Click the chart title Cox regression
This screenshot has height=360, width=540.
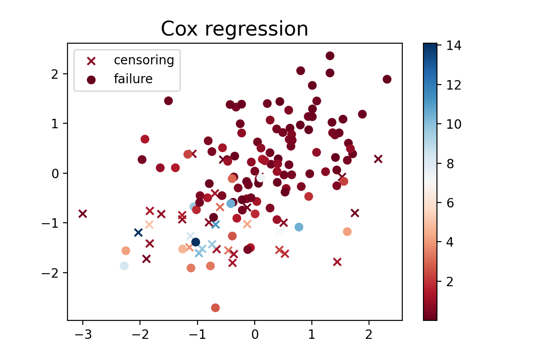click(234, 30)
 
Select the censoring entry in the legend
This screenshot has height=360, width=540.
click(144, 60)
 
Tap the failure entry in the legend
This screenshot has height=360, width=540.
click(133, 79)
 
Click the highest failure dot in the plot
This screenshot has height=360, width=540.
click(330, 56)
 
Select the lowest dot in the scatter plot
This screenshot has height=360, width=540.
click(216, 308)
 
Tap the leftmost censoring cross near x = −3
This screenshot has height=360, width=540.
click(82, 214)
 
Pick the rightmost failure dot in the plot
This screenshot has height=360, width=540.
click(387, 79)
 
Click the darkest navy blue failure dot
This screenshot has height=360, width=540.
click(196, 242)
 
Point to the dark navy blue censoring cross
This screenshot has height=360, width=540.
click(138, 233)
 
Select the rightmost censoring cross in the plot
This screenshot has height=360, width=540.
click(378, 159)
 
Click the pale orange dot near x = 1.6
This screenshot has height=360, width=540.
click(347, 232)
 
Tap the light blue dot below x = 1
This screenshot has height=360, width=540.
click(299, 227)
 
